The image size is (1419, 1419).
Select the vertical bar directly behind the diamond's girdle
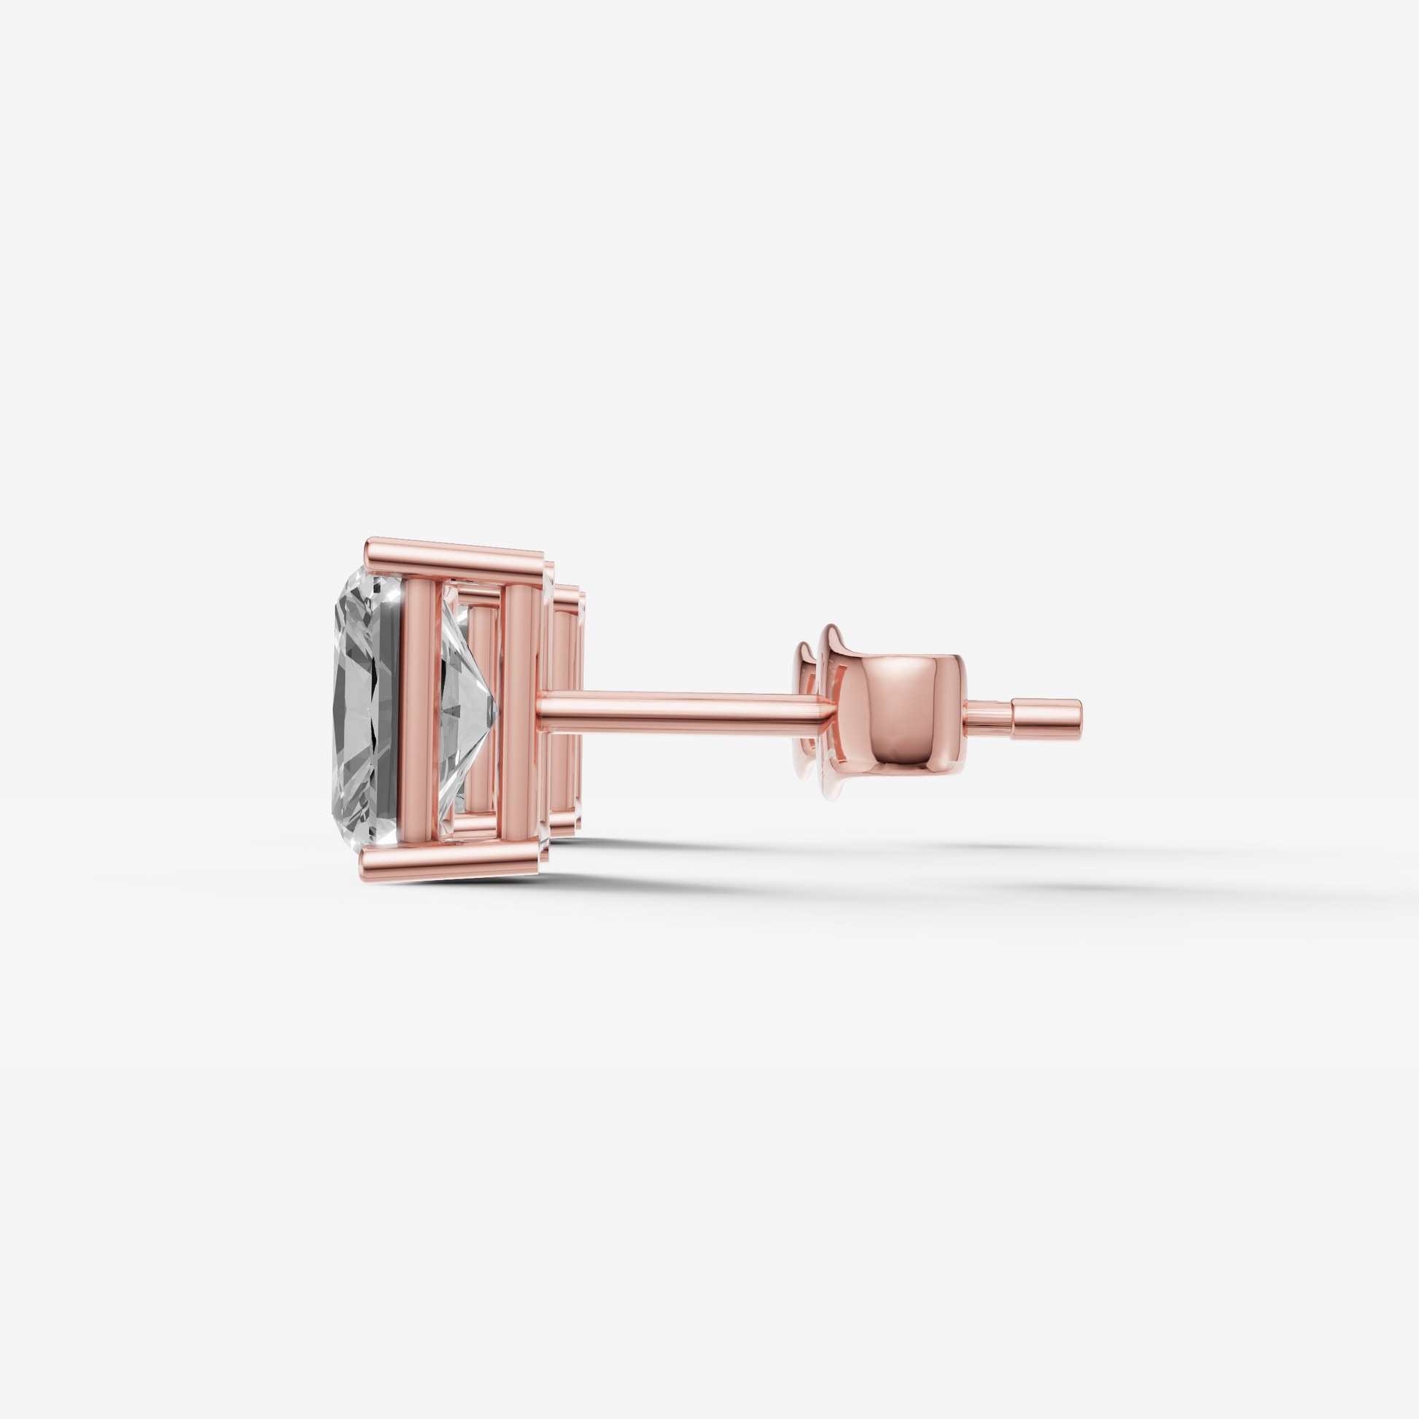point(419,709)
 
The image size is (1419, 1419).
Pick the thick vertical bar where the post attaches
point(519,709)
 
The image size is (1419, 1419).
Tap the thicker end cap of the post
point(1046,719)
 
